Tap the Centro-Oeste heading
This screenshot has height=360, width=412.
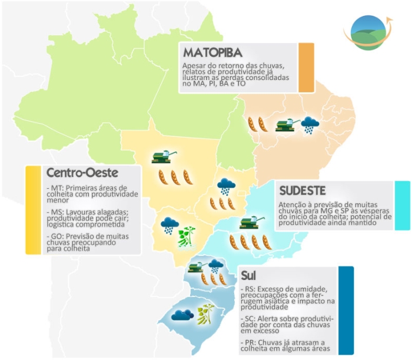82,173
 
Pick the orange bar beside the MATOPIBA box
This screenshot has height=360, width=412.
306,67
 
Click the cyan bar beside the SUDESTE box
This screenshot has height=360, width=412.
403,205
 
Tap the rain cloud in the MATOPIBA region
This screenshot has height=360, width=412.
310,125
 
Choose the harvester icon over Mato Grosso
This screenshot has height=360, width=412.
165,156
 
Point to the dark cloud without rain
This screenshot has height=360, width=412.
182,315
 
